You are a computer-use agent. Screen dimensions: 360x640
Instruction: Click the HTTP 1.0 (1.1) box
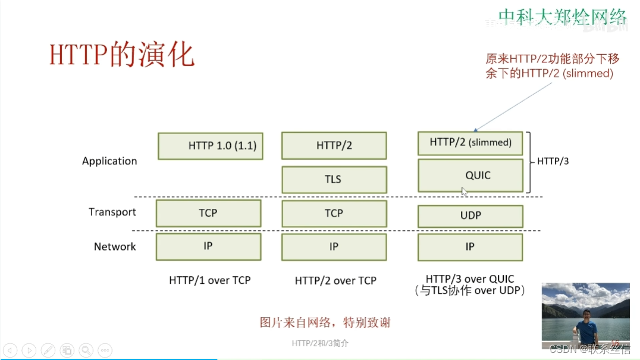tap(211, 146)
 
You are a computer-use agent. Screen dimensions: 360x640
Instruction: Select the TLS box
tap(334, 179)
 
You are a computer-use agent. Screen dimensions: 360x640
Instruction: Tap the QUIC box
tap(470, 175)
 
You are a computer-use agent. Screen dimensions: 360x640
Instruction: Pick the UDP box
tap(470, 215)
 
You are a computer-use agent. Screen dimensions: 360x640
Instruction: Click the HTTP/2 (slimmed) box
tap(470, 143)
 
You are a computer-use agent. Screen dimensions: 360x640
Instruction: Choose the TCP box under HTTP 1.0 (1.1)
tap(208, 213)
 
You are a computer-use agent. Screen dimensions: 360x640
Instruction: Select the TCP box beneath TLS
tap(334, 213)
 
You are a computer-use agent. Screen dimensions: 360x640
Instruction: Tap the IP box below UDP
tap(470, 246)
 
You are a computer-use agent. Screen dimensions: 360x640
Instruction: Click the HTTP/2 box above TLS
tap(334, 146)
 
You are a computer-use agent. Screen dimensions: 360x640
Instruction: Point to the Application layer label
tap(109, 161)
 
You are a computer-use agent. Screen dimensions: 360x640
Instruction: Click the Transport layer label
tap(112, 212)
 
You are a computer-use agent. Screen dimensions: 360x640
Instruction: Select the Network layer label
tap(115, 246)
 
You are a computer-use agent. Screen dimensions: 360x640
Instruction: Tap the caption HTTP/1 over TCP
tap(210, 280)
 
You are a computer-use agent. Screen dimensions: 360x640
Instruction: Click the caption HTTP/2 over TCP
tap(335, 280)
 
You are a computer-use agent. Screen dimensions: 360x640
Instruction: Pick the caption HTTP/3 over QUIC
tap(470, 278)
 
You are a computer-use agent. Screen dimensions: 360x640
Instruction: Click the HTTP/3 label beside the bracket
tap(553, 161)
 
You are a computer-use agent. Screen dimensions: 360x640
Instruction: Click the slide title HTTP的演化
tap(122, 55)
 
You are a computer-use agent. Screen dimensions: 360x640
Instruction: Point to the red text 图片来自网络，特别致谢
tap(325, 323)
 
